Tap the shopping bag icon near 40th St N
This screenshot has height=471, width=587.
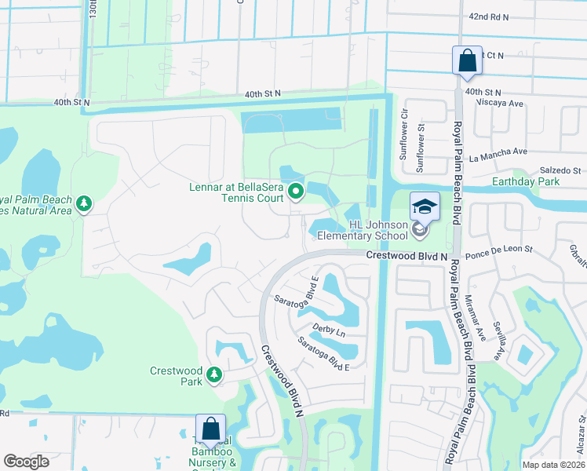[x=467, y=60]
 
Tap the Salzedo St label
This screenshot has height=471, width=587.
[x=558, y=170]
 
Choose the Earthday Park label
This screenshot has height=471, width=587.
[x=546, y=182]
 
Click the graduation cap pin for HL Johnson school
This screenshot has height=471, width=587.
[x=425, y=206]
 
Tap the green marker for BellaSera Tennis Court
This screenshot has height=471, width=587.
[x=296, y=191]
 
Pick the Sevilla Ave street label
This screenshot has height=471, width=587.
[x=497, y=339]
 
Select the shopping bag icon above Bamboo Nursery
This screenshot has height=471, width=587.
[x=210, y=429]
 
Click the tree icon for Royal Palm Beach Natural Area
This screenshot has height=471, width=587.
[x=84, y=206]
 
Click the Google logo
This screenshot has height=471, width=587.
[x=26, y=462]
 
